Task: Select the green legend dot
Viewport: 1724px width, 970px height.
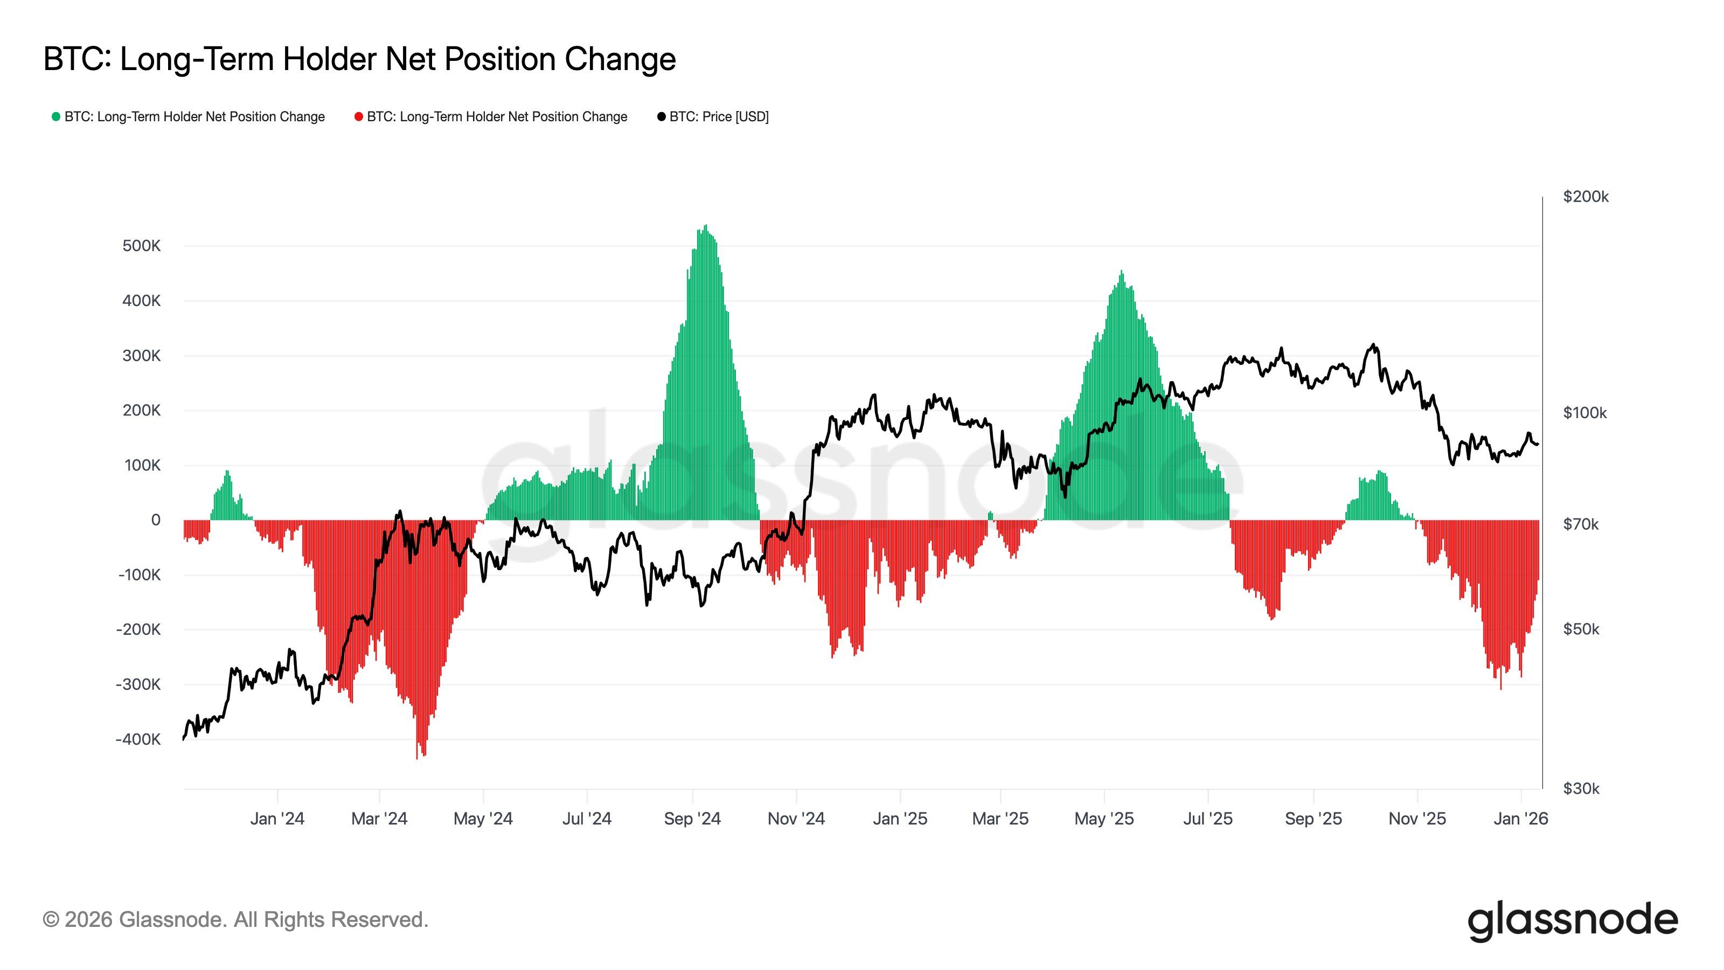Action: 56,116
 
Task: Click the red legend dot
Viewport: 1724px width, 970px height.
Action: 359,116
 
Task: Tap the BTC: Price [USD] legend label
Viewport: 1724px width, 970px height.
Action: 719,116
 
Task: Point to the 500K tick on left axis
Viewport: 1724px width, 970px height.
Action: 141,246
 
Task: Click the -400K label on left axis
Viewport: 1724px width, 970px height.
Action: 138,739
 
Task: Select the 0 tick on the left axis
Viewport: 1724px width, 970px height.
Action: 156,519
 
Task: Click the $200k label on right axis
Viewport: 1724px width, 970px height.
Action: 1585,196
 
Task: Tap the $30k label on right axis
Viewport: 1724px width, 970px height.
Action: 1581,788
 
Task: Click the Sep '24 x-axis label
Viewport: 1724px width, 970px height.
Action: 692,818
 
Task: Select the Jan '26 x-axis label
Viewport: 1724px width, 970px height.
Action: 1520,818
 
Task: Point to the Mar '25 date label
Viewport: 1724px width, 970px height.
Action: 1000,818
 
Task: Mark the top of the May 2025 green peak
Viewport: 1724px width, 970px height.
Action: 1121,271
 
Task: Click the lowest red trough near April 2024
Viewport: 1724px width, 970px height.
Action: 417,758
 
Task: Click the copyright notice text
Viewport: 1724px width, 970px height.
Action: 235,919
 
